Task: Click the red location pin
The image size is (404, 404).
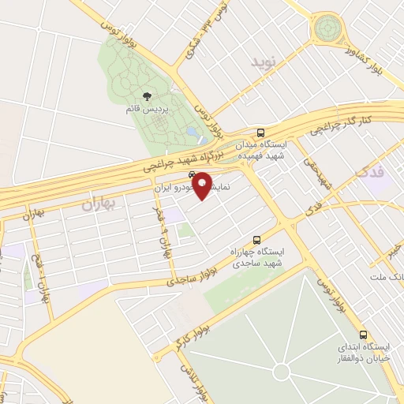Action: [x=201, y=185]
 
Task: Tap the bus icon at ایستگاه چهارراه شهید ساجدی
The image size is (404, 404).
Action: [x=256, y=239]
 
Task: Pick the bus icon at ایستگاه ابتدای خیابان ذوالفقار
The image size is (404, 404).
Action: [x=364, y=335]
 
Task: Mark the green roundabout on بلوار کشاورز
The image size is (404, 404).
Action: [x=325, y=30]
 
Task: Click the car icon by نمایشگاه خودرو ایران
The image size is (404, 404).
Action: [x=192, y=176]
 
